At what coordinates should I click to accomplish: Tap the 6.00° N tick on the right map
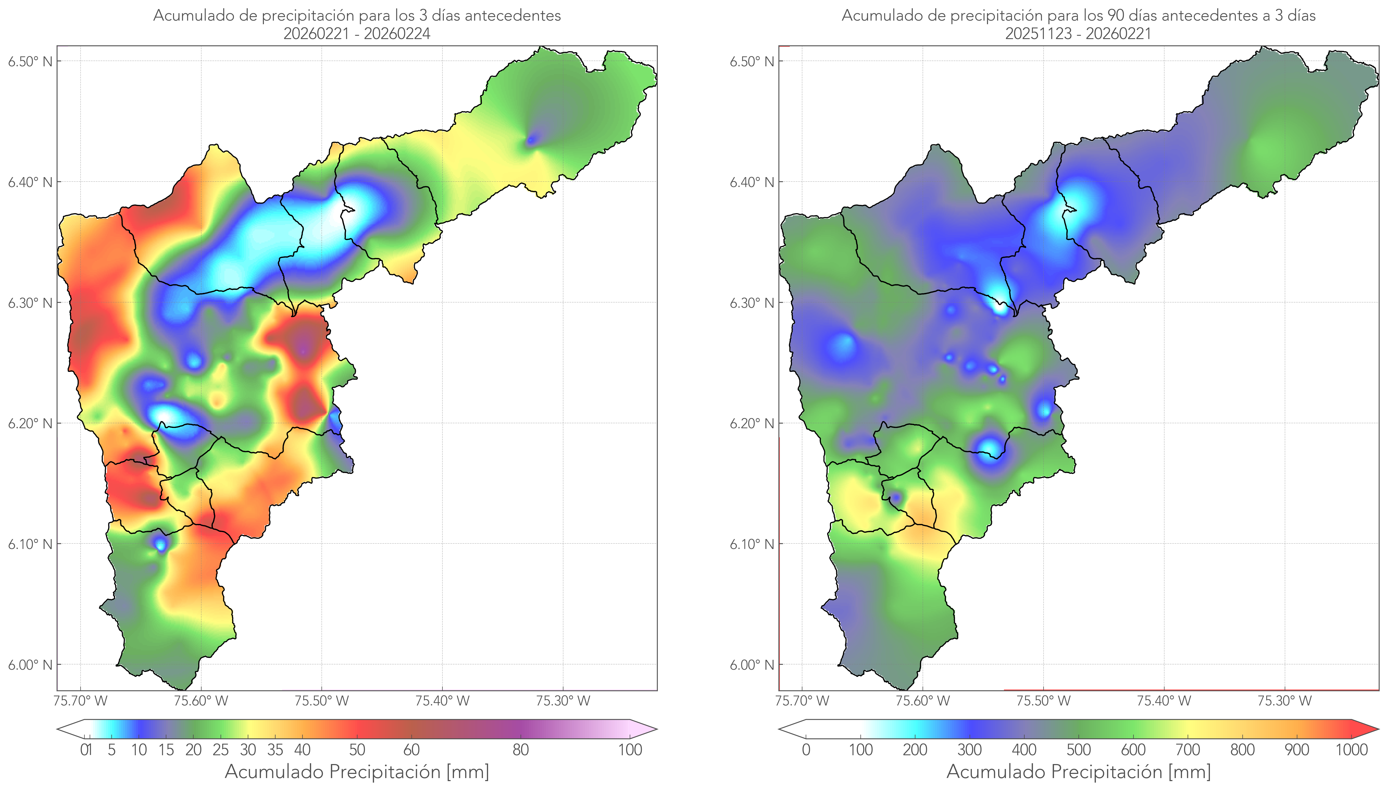(752, 665)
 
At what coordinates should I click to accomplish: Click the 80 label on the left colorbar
(520, 750)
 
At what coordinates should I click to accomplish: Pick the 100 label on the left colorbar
(630, 750)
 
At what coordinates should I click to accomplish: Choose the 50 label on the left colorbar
(357, 750)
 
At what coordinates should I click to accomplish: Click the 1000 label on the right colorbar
(1351, 750)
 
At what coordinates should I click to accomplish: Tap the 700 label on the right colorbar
(1188, 750)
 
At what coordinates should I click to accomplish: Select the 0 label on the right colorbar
(806, 750)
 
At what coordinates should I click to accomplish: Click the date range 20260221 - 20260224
(357, 34)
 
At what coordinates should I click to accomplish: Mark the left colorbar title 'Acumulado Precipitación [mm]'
(357, 771)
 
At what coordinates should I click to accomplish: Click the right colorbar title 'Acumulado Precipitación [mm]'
(1078, 771)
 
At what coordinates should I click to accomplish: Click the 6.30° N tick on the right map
(752, 303)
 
